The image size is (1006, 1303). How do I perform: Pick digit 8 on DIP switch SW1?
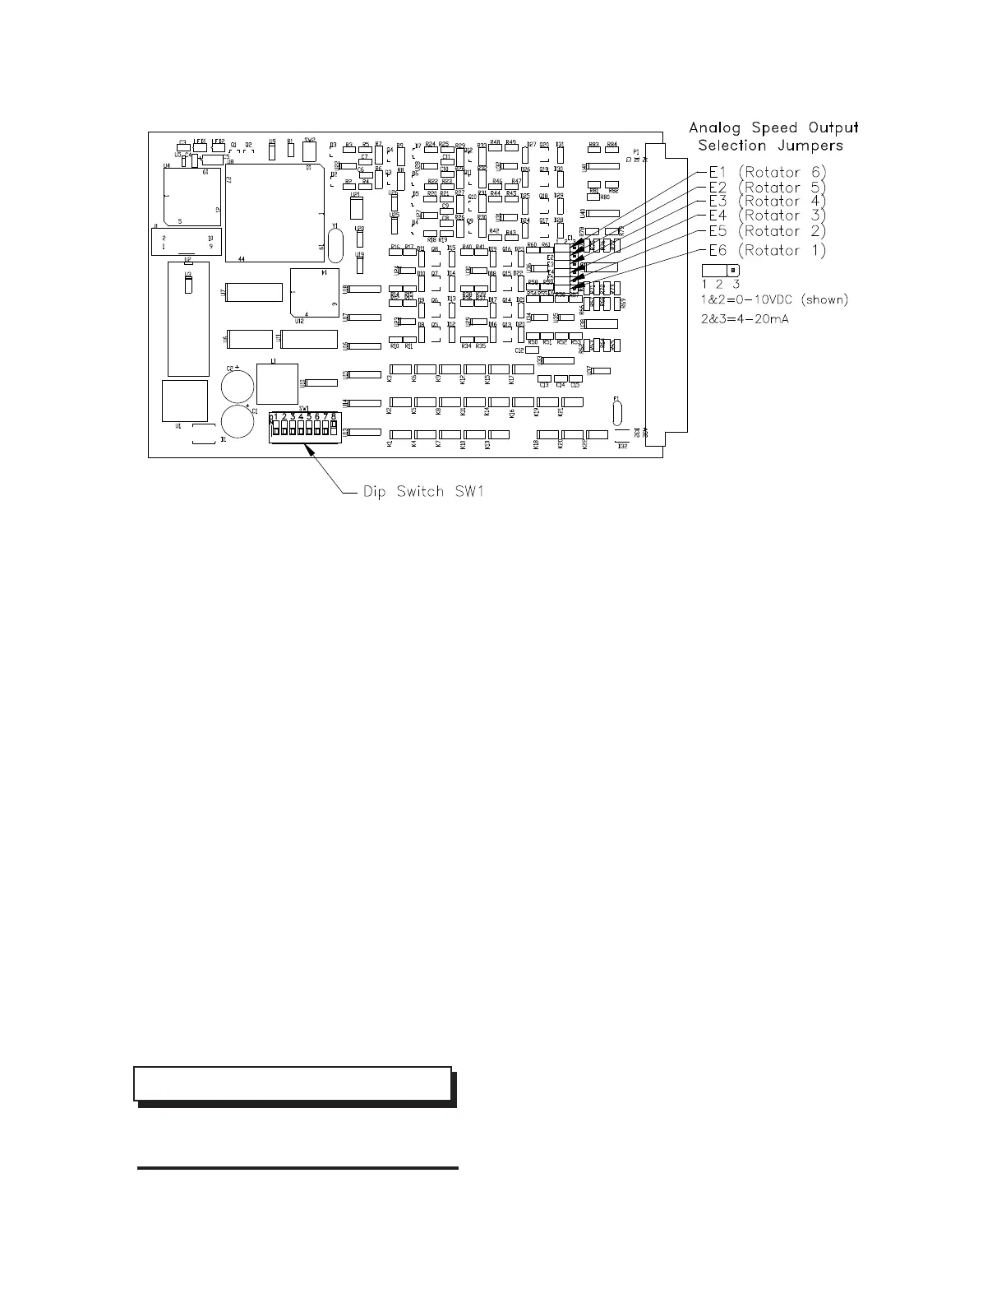pyautogui.click(x=334, y=417)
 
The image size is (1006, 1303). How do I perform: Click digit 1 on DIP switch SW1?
pyautogui.click(x=275, y=417)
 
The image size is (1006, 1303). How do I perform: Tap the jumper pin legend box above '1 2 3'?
pyautogui.click(x=721, y=271)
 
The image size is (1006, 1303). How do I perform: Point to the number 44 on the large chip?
pyautogui.click(x=242, y=258)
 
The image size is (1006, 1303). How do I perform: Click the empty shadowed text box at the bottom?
pyautogui.click(x=293, y=1083)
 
